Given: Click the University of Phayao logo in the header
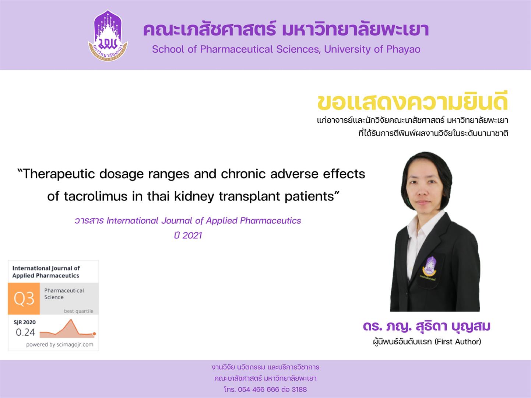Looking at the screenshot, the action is click(108, 35).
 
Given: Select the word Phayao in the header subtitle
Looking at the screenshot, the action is click(403, 50).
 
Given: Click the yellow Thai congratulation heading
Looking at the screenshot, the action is click(412, 101).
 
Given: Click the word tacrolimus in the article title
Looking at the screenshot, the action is click(95, 196).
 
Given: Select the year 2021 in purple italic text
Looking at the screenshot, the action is click(192, 235).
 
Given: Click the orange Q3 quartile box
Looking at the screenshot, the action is click(24, 298).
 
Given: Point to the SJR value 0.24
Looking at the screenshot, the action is click(25, 332).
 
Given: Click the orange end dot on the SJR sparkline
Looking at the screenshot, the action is click(94, 334).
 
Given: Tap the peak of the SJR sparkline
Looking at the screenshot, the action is click(71, 320).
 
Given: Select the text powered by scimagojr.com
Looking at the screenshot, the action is click(60, 345).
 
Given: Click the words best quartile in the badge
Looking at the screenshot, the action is click(79, 311).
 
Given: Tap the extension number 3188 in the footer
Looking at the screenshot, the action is click(299, 389).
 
